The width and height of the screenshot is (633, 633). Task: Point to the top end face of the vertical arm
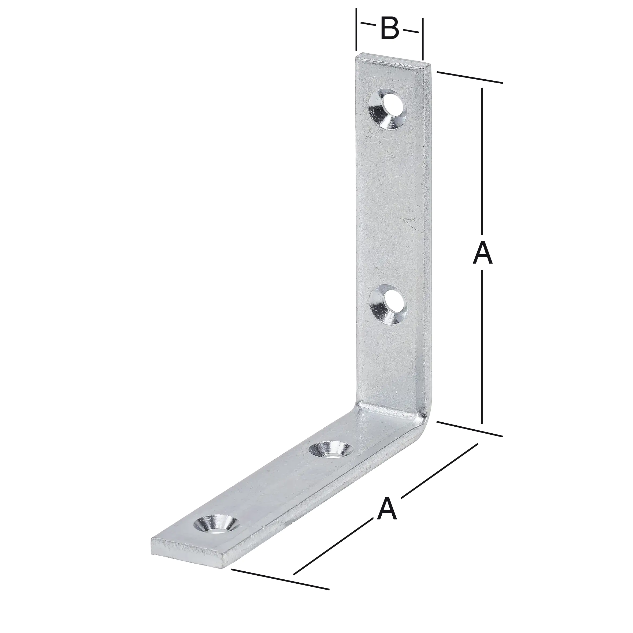393,62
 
